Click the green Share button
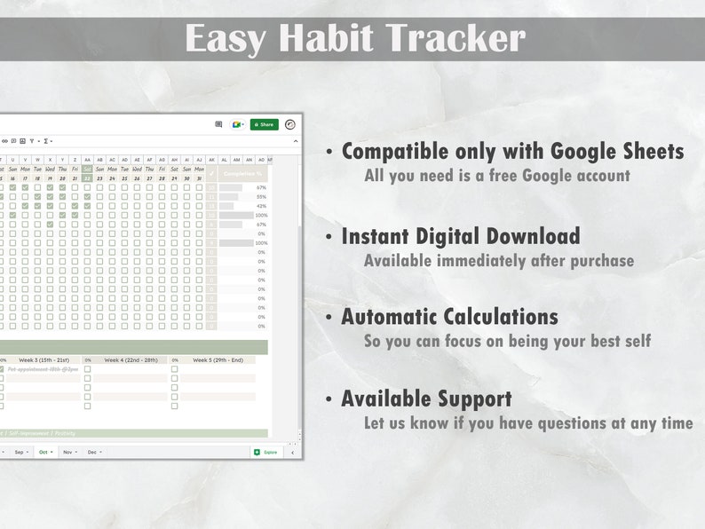264,124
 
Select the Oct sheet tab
44,452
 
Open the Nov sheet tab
69,452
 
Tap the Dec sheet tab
93,452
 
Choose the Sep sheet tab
20,452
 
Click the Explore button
266,452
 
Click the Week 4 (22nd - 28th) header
130,360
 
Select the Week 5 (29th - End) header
217,360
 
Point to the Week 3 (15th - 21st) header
43,360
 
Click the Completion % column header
242,174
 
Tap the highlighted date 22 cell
87,178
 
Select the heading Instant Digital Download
460,236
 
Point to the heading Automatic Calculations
449,317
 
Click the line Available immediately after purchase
498,260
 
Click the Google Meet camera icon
236,124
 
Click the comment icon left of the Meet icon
219,124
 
